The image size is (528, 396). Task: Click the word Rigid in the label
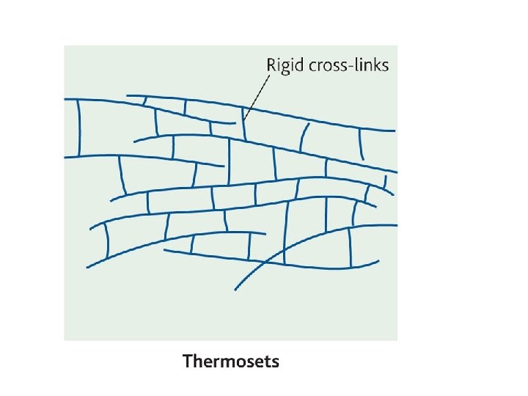click(282, 65)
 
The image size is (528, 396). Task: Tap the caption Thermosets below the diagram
click(231, 362)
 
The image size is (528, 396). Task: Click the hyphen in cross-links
click(351, 66)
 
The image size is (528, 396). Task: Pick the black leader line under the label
click(254, 97)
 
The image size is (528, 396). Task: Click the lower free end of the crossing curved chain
click(235, 289)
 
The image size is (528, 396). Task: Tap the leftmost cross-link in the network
click(79, 128)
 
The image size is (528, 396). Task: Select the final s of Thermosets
click(275, 362)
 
